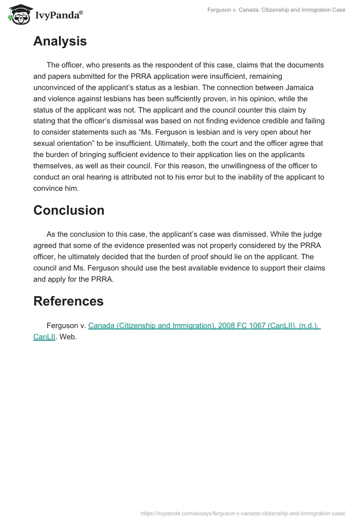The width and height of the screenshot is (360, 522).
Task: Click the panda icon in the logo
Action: click(18, 13)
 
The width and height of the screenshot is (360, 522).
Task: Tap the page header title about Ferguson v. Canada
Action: click(276, 10)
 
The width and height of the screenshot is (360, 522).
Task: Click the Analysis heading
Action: click(60, 41)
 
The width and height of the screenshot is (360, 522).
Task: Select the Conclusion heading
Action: click(68, 210)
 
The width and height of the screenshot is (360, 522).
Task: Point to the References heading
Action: click(68, 301)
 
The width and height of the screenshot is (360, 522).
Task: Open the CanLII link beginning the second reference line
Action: click(44, 336)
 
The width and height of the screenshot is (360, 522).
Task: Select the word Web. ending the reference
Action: click(68, 336)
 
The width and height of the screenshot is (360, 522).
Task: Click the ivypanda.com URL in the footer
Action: click(243, 513)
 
